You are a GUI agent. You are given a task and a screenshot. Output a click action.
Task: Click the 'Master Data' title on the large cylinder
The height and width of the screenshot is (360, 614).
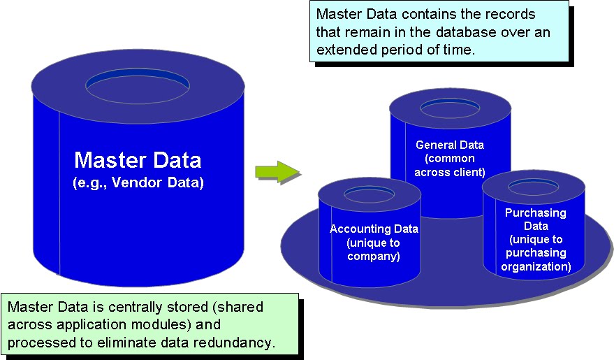pos(138,160)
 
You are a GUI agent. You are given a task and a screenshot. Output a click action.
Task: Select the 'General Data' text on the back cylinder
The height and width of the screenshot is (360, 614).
pos(449,145)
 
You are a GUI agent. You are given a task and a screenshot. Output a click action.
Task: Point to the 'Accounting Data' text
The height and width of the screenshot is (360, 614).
pos(374,229)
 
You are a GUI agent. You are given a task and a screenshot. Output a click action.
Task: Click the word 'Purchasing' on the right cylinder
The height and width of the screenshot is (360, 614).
pos(535,213)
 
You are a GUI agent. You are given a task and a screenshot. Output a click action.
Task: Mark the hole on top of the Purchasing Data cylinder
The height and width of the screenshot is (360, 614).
pos(535,186)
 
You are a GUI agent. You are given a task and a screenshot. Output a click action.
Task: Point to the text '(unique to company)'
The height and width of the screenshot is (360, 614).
pos(374,250)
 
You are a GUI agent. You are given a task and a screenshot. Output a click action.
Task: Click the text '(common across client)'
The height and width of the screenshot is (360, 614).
pos(449,165)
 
